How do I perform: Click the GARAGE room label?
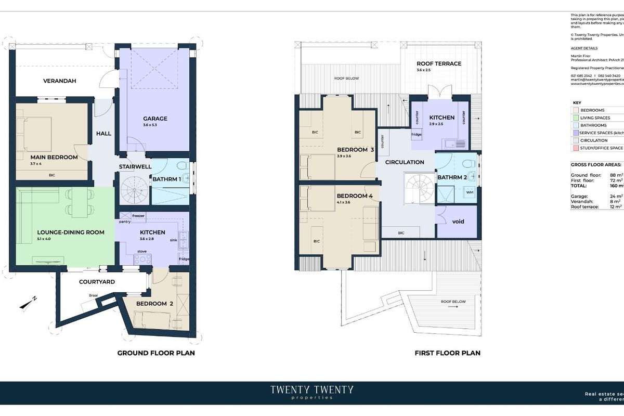point(155,119)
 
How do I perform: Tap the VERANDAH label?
point(60,81)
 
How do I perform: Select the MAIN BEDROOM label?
point(54,157)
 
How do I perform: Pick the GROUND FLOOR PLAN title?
point(156,353)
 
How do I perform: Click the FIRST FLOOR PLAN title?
point(447,353)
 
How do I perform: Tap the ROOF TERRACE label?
point(439,64)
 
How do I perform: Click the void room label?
point(458,222)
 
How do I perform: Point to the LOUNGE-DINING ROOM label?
point(71,232)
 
